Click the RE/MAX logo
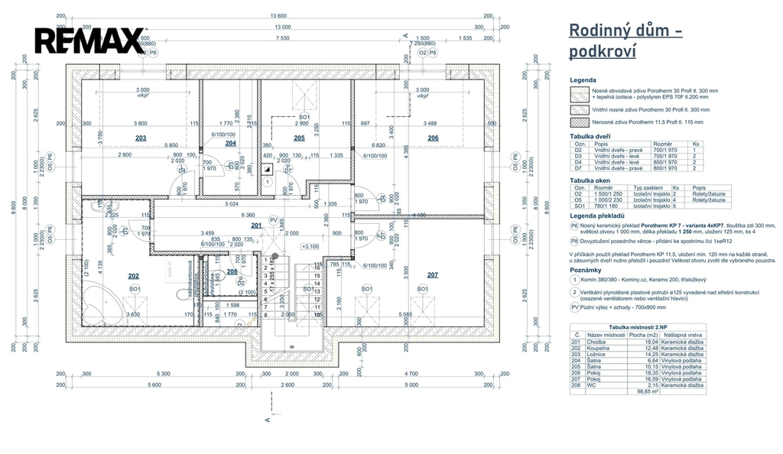click(x=89, y=41)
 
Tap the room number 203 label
click(x=141, y=138)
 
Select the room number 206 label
click(x=433, y=138)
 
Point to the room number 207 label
click(x=433, y=274)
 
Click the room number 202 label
click(x=133, y=276)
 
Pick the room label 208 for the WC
click(x=232, y=271)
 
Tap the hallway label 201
click(x=256, y=225)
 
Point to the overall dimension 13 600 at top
click(x=278, y=16)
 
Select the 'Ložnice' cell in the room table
click(x=596, y=355)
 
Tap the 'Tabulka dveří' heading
click(x=592, y=136)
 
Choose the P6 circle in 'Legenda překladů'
click(x=575, y=226)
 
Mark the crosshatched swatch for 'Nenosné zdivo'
click(x=580, y=122)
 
